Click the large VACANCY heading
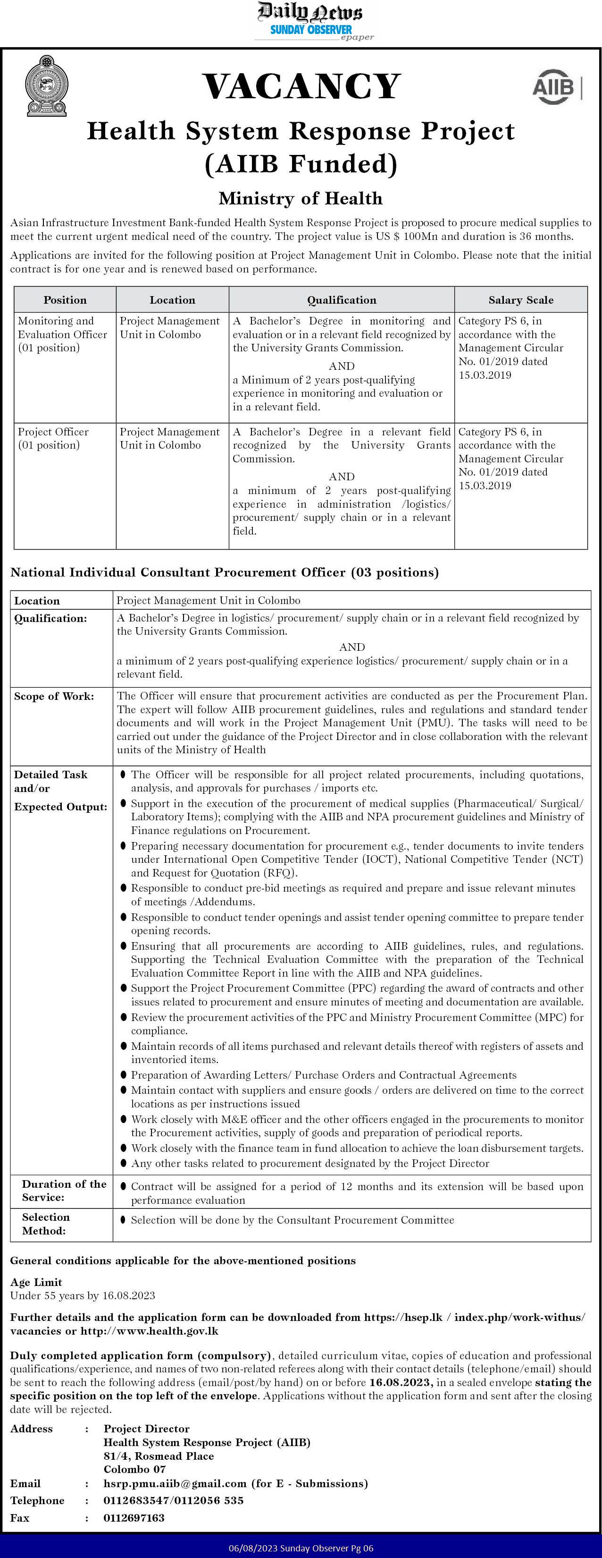click(301, 86)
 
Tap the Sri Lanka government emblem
click(46, 86)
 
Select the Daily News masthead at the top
click(310, 12)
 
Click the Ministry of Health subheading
click(301, 198)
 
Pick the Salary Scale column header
click(520, 300)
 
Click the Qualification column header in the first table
click(342, 300)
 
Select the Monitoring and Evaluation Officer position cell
click(62, 334)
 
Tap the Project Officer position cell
click(53, 438)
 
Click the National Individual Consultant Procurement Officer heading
click(224, 572)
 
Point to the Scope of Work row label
click(54, 697)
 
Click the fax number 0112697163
click(134, 1518)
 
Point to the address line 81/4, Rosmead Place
click(159, 1456)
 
